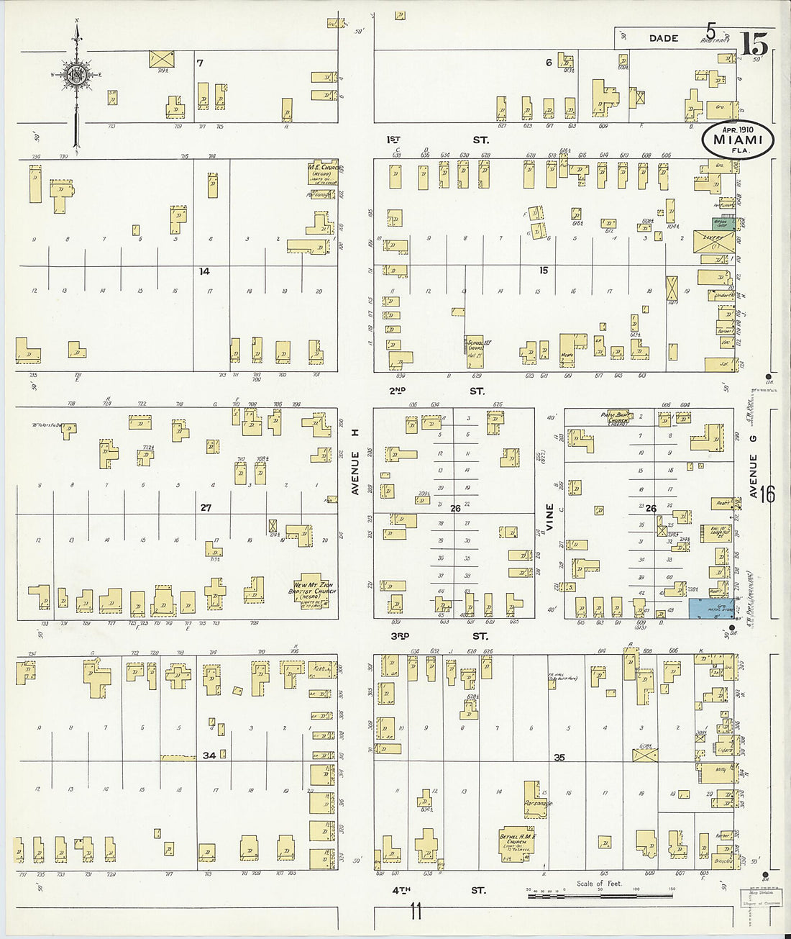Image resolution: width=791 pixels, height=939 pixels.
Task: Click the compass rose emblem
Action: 76,74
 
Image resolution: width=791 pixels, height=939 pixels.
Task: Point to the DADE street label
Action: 663,38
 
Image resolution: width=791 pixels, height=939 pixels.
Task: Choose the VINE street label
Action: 550,517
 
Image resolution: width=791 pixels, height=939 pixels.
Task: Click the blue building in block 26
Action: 711,609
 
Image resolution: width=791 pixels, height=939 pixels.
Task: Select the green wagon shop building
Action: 723,224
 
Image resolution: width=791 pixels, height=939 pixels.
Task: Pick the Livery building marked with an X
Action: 715,242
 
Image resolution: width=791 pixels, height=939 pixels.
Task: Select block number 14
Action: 204,271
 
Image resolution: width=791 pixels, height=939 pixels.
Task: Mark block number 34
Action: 209,756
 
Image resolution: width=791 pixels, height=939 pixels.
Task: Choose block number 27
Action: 206,508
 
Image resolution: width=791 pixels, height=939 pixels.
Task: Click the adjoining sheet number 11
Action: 416,912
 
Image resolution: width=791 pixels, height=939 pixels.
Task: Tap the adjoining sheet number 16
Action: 767,494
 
